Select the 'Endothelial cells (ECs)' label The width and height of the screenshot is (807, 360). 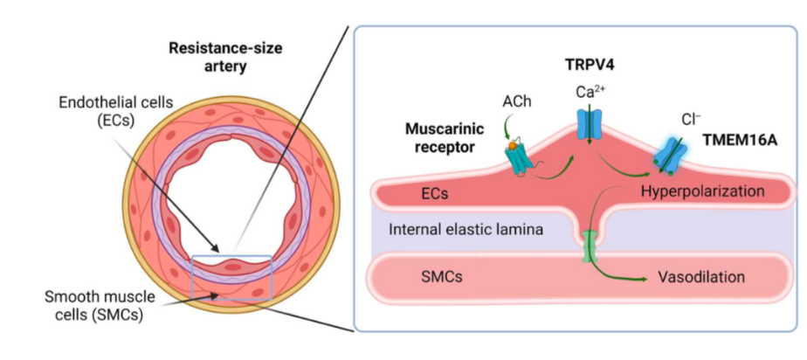pyautogui.click(x=102, y=112)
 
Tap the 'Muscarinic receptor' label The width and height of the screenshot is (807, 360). pyautogui.click(x=440, y=137)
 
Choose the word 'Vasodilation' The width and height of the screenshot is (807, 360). pyautogui.click(x=700, y=277)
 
